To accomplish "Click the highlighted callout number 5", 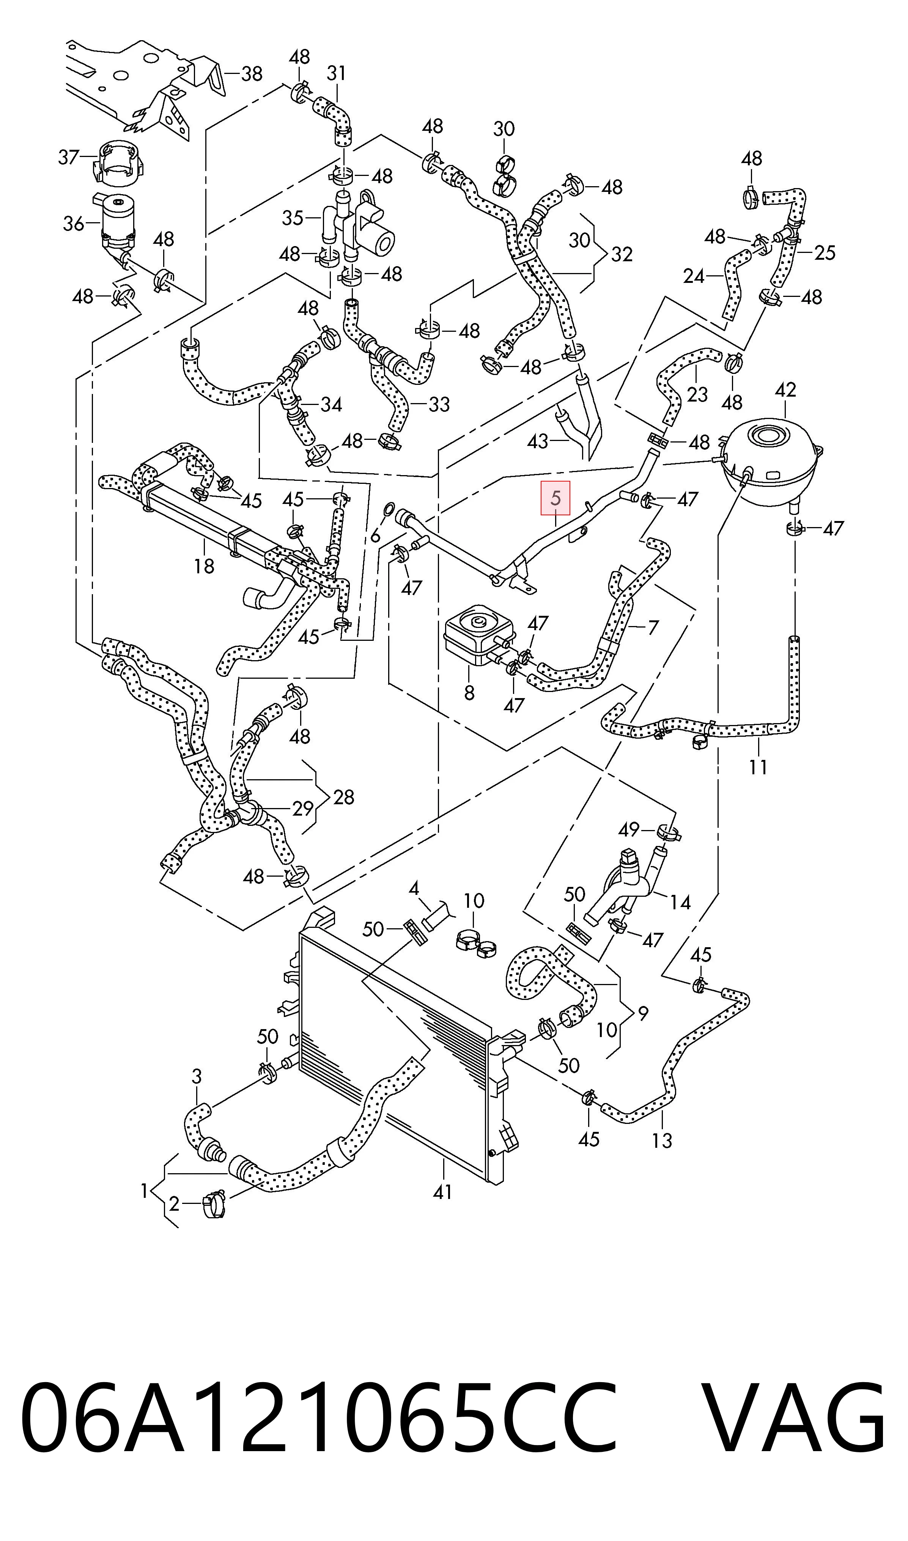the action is point(555,498).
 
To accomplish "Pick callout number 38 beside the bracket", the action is point(252,74).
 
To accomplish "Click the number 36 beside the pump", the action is point(74,223).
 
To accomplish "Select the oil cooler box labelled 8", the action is point(477,634).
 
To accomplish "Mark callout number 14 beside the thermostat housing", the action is point(680,902).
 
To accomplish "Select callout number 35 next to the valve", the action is point(293,217).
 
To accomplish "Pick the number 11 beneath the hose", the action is point(758,766).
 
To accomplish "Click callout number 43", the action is point(538,441).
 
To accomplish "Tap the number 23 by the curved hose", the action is point(697,394).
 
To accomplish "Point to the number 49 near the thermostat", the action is point(628,830).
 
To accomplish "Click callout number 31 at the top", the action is point(336,74).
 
